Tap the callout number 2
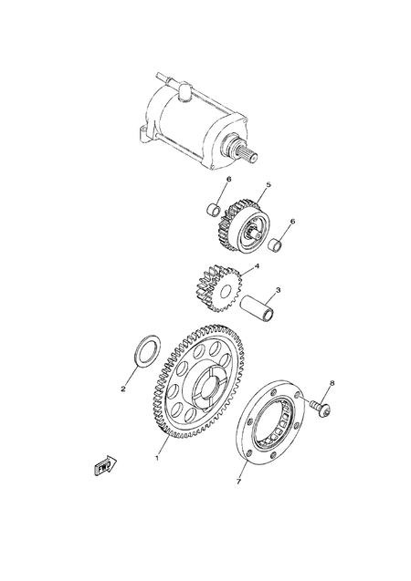pos(123,389)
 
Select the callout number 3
pos(278,291)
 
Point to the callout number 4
pos(257,267)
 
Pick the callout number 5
pos(269,185)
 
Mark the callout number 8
pos(332,382)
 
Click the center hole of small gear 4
pos(222,291)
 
